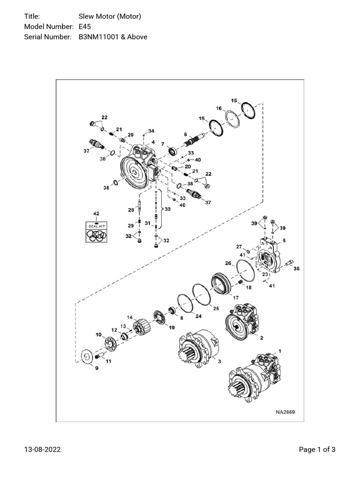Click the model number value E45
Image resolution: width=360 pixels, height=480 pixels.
point(85,27)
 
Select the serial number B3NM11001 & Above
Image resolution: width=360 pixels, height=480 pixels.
point(112,37)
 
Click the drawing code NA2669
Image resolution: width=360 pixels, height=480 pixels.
point(285,412)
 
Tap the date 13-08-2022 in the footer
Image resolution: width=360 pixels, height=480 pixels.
point(43,450)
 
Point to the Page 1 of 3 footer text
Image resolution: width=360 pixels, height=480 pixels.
point(317,450)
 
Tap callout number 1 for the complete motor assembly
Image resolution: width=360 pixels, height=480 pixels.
point(280,351)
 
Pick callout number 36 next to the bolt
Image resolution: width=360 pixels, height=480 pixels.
point(296,269)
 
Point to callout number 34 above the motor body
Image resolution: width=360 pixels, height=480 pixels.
point(151,130)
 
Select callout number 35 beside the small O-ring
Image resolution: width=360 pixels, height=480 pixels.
point(106,188)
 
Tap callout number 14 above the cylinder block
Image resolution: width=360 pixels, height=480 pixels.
point(130,317)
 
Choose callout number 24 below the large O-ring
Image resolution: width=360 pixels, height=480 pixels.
point(198,316)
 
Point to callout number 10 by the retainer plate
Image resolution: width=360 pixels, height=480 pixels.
point(98,335)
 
